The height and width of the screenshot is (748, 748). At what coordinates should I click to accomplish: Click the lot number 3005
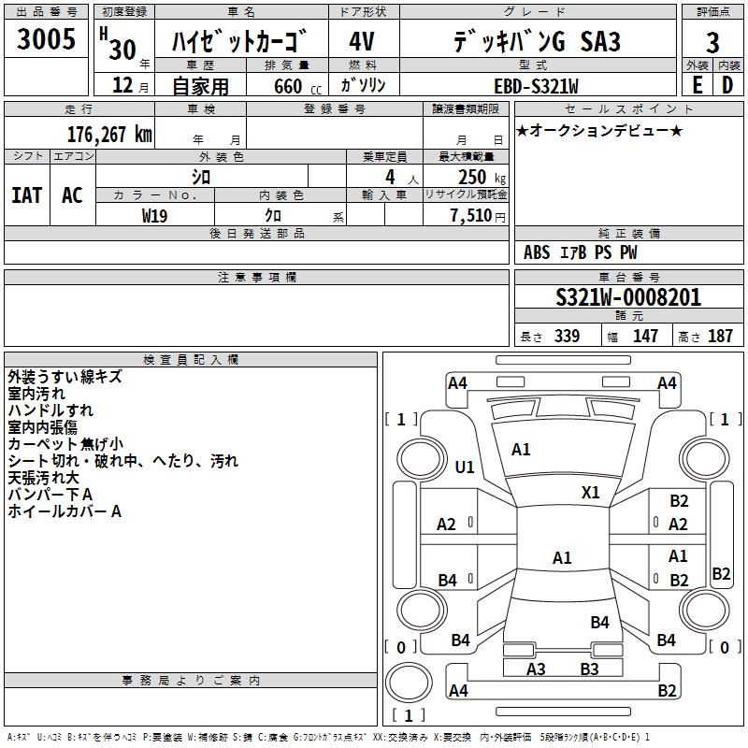coord(47,40)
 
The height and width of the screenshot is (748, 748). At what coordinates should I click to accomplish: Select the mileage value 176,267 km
coord(109,135)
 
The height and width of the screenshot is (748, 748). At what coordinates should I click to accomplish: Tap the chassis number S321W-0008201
coord(628,297)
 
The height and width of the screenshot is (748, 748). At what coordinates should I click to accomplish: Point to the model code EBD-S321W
coord(537,86)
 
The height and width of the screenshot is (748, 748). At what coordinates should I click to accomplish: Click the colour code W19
coord(154,215)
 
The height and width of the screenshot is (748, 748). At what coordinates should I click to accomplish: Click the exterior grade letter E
coord(697,85)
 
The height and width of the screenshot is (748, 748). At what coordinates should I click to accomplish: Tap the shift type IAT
coord(26,195)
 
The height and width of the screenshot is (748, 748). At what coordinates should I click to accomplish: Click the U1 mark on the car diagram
coord(464,467)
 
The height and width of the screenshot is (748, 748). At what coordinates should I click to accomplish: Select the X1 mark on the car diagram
coord(591,492)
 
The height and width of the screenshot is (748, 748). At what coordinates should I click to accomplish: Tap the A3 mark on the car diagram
coord(536,669)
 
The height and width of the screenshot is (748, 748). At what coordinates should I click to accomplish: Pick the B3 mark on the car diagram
coord(589,669)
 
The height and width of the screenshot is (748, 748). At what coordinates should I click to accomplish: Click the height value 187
coord(720,337)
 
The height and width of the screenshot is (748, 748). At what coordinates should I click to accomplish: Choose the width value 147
coord(645,337)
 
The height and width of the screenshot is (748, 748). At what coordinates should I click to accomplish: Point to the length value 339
coord(567,337)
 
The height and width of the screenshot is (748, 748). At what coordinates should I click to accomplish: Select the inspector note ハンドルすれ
coord(50,410)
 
